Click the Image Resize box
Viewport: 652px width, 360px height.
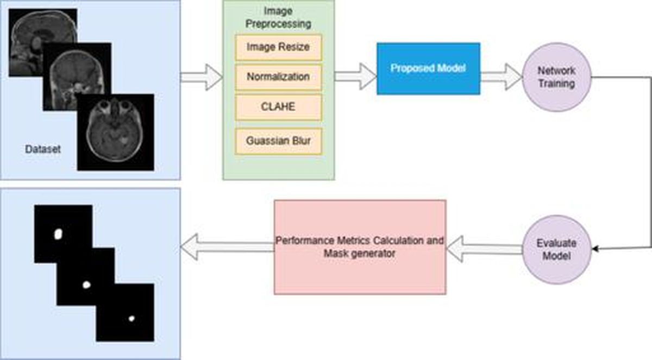click(279, 48)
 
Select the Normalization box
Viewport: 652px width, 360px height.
click(279, 77)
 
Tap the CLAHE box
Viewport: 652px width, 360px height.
click(279, 107)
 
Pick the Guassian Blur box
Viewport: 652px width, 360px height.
click(279, 141)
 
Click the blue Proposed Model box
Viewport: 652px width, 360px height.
click(429, 68)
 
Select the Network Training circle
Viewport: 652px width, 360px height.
click(557, 77)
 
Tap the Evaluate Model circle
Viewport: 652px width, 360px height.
click(557, 249)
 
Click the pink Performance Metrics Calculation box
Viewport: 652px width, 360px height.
click(360, 247)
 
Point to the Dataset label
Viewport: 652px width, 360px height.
click(43, 149)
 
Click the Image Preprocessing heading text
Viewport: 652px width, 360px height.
click(278, 17)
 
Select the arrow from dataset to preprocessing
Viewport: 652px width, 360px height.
click(202, 77)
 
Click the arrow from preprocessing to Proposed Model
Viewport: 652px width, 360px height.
click(356, 77)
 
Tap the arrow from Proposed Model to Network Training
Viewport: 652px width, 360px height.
click(501, 77)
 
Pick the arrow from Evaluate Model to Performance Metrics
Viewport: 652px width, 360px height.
click(484, 249)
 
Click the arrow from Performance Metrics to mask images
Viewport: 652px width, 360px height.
click(227, 247)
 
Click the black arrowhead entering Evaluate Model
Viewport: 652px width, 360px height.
click(595, 249)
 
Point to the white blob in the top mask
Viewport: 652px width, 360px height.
click(58, 234)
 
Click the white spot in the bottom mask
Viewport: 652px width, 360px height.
click(131, 318)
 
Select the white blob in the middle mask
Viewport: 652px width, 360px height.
click(86, 285)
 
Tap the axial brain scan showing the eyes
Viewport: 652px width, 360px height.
click(116, 132)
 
